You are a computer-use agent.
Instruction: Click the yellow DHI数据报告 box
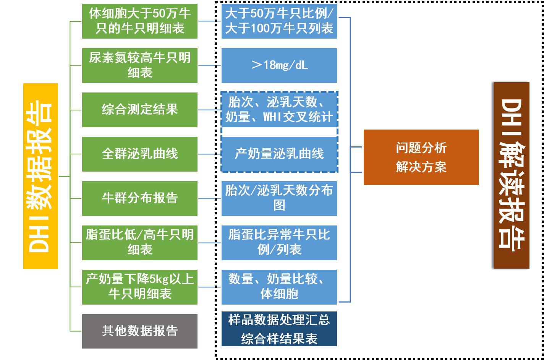40,176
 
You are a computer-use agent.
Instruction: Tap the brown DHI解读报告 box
512,175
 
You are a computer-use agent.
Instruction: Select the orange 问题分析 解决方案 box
421,157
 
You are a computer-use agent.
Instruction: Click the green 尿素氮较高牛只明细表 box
140,65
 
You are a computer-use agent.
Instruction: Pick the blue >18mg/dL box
279,65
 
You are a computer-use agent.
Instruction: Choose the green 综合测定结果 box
140,110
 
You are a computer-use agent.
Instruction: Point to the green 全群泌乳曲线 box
140,154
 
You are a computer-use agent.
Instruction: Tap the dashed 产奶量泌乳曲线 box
279,154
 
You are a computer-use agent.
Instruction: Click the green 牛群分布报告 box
140,198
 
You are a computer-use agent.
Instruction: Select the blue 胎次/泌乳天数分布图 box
279,198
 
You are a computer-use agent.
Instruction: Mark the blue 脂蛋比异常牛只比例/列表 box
279,243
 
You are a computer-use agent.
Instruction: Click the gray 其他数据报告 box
140,331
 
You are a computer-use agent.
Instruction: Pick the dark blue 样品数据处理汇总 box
279,329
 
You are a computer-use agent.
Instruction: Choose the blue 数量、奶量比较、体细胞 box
279,287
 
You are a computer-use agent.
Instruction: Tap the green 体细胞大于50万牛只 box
140,21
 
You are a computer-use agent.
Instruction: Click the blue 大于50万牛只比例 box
279,21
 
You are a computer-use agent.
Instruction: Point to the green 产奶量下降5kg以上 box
140,287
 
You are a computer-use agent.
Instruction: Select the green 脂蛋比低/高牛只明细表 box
140,243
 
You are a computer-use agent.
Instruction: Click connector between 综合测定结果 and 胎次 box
209,110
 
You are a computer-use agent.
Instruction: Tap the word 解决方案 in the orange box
421,167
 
